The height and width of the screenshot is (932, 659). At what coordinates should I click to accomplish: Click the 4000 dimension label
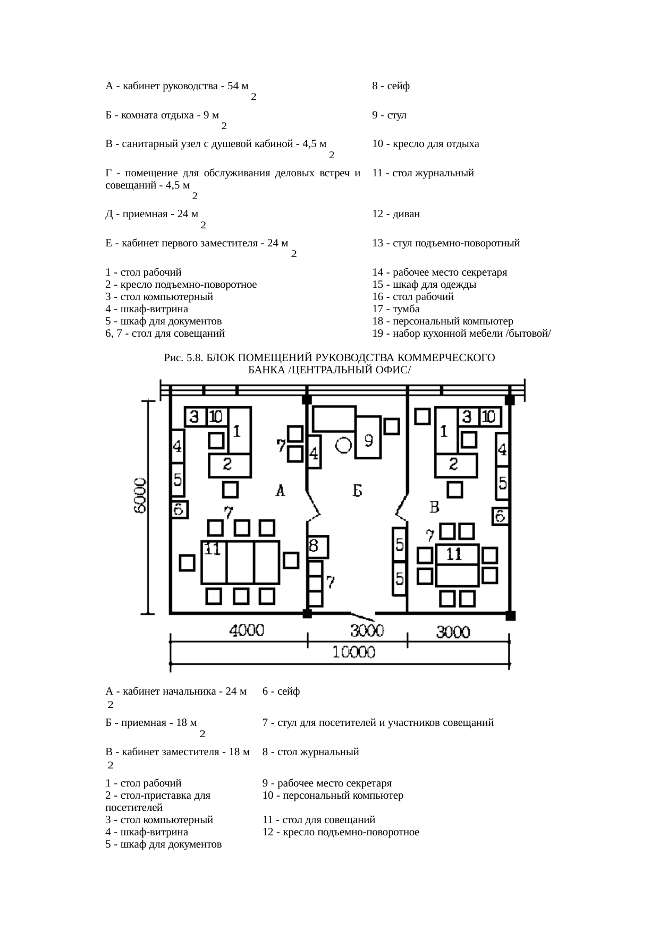[247, 630]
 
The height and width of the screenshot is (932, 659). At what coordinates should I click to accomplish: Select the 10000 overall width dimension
[353, 652]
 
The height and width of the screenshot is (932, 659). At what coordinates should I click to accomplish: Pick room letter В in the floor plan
[434, 508]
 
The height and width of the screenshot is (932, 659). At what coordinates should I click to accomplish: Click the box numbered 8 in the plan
[318, 546]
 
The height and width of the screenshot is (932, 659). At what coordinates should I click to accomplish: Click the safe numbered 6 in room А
[179, 510]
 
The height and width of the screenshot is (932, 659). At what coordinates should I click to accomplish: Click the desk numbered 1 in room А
[239, 431]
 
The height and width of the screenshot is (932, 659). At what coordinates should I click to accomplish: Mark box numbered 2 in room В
[455, 465]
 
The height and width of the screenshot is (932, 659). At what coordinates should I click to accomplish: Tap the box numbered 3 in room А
[195, 417]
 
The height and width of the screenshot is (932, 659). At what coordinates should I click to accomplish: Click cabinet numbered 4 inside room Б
[315, 452]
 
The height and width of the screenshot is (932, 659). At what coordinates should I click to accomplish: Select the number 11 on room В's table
[454, 554]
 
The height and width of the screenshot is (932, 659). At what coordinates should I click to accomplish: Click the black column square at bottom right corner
[510, 615]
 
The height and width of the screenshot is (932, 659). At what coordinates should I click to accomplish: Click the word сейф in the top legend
[399, 86]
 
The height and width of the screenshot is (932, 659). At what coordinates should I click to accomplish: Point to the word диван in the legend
[407, 214]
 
